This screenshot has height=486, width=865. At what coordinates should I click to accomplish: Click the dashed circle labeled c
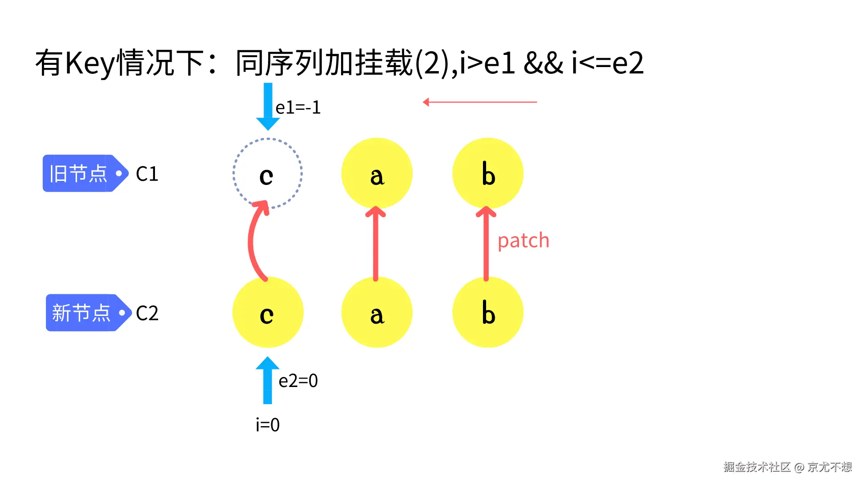267,173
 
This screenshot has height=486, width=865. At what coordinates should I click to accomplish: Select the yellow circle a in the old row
377,173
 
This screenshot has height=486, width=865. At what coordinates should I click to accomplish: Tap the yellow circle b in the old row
487,173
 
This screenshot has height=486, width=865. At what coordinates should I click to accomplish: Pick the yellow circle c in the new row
268,312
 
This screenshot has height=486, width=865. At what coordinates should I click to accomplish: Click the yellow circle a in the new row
377,312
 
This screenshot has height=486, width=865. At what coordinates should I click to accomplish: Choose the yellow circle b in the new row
487,312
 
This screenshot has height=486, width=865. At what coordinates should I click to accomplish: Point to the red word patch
523,241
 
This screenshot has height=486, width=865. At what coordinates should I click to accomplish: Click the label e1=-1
298,108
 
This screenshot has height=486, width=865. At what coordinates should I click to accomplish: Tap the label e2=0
298,381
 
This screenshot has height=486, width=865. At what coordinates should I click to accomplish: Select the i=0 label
268,425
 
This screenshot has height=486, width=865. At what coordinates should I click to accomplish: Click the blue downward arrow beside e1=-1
268,106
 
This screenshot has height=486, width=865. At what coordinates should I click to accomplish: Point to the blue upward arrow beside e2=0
268,380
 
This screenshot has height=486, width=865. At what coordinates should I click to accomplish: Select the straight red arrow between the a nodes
376,243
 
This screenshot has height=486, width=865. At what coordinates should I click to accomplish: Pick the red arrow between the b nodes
486,243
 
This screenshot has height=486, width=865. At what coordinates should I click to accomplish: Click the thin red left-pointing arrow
480,102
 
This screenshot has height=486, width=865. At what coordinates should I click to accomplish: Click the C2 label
147,313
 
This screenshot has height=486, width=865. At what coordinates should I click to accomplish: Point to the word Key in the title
90,63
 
